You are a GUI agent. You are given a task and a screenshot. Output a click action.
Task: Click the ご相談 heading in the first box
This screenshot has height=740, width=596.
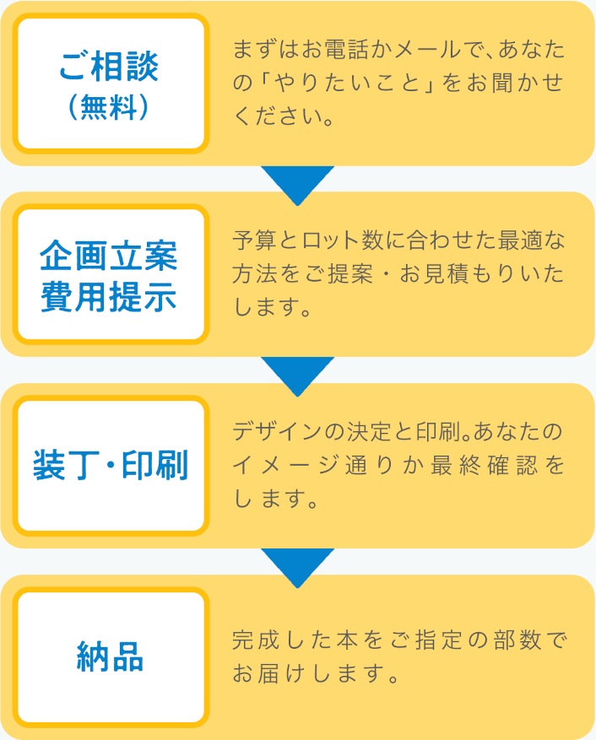point(111,65)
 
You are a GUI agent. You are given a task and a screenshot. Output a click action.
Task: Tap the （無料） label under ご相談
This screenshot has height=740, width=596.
point(111,110)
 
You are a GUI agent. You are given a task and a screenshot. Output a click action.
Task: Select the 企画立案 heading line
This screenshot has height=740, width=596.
point(110,254)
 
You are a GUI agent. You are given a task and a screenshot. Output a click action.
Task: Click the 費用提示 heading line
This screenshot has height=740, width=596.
point(110,296)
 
